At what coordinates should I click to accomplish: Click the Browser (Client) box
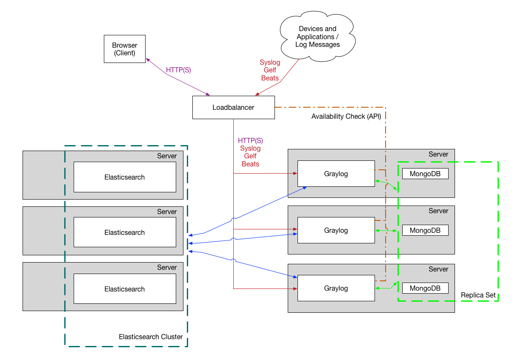point(125,49)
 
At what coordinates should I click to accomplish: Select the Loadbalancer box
point(233,107)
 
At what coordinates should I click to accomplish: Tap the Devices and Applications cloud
point(318,37)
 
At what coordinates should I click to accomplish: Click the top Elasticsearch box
point(125,177)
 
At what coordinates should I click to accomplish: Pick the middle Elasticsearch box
point(125,232)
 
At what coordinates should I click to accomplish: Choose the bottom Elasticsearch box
point(125,289)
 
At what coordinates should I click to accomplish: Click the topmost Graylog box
point(336,174)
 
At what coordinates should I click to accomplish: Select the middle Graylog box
point(336,230)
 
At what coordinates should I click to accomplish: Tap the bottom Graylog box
point(336,288)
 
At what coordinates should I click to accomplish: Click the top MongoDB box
point(425,174)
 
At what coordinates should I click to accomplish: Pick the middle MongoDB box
point(425,230)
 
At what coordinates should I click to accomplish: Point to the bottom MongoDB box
point(425,288)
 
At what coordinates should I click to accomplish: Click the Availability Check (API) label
point(346,117)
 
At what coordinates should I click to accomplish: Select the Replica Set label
point(478,295)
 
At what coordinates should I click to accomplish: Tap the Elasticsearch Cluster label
point(151,337)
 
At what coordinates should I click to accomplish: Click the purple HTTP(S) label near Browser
point(178,70)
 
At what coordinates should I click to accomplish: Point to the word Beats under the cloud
point(270,78)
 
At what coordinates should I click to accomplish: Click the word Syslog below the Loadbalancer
point(250,148)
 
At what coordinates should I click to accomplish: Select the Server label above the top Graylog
point(438,154)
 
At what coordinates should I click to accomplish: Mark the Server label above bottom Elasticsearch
point(167,267)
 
